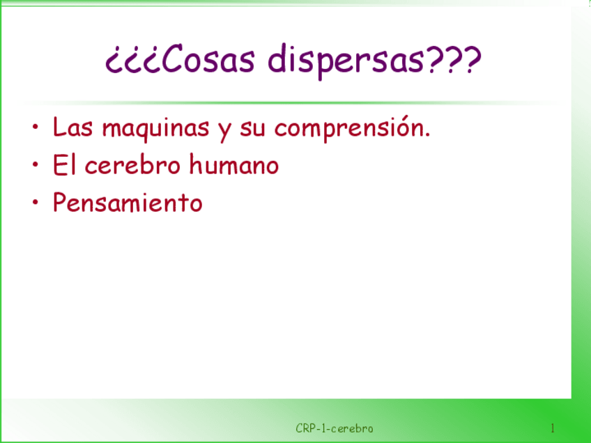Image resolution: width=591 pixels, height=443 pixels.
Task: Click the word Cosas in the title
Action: pyautogui.click(x=208, y=59)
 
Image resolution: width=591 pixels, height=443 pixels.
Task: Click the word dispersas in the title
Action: pyautogui.click(x=345, y=61)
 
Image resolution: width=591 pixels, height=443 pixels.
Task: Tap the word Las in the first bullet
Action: pyautogui.click(x=72, y=127)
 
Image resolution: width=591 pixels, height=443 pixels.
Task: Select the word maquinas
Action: pyautogui.click(x=155, y=130)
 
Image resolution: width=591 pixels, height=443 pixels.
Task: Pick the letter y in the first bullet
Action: pyautogui.click(x=224, y=132)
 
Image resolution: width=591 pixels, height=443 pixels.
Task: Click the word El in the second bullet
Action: pyautogui.click(x=64, y=165)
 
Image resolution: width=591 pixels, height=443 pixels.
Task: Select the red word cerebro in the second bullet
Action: pyautogui.click(x=132, y=165)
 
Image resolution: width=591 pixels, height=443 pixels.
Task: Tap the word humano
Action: pyautogui.click(x=233, y=164)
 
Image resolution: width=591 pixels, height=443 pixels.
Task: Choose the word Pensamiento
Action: pyautogui.click(x=128, y=202)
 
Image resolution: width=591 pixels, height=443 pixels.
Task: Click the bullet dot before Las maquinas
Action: pyautogui.click(x=36, y=127)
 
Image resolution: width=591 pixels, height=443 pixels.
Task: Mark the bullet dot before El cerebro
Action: pyautogui.click(x=36, y=164)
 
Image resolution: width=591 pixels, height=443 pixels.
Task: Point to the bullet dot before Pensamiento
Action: pyautogui.click(x=36, y=202)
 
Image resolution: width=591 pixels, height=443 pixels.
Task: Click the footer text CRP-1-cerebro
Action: pyautogui.click(x=335, y=428)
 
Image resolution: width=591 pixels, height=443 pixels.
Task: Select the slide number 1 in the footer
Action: pyautogui.click(x=553, y=428)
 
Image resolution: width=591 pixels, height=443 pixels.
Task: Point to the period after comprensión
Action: pyautogui.click(x=427, y=134)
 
